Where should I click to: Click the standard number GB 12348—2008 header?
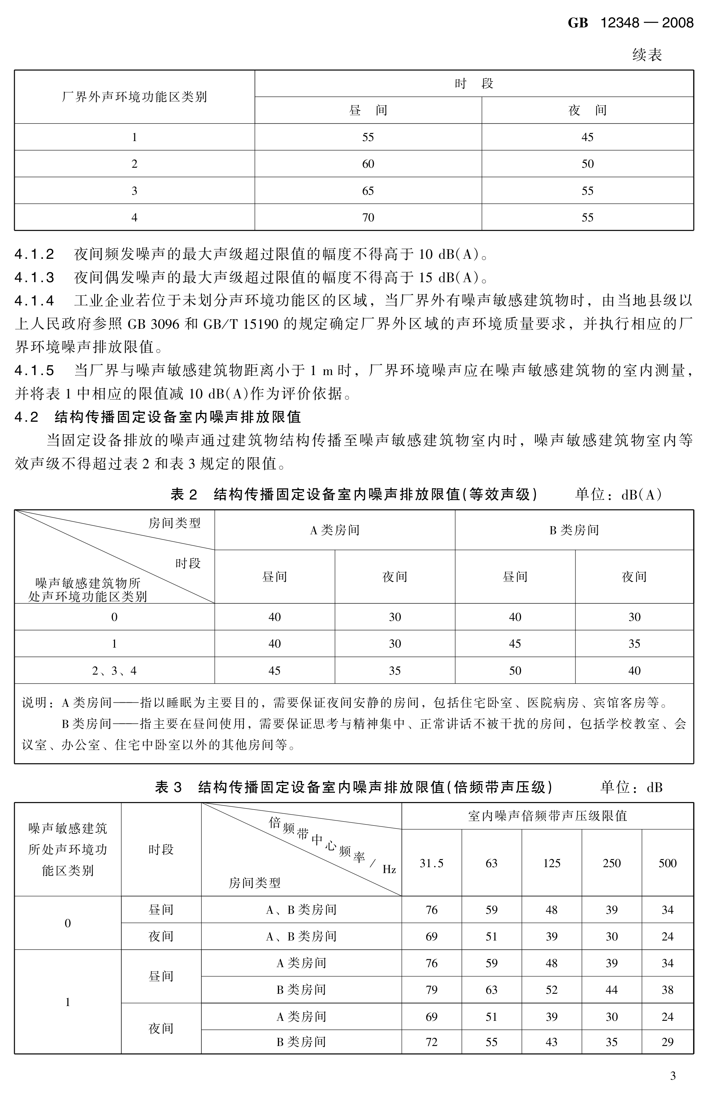630,23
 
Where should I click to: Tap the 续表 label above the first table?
647,55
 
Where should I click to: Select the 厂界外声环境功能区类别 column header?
134,97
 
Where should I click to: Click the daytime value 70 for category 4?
368,217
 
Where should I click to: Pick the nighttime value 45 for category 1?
588,137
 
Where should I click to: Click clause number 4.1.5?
34,370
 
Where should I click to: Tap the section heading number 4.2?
26,417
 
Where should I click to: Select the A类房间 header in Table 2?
335,530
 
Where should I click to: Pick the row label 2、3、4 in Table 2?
114,671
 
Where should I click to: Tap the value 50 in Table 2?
515,671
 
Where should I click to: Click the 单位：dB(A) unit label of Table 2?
618,495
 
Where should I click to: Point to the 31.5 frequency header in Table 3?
431,863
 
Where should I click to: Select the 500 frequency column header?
668,863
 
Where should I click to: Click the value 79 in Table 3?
431,990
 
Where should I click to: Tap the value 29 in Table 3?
668,1042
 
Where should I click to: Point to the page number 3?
673,1076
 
